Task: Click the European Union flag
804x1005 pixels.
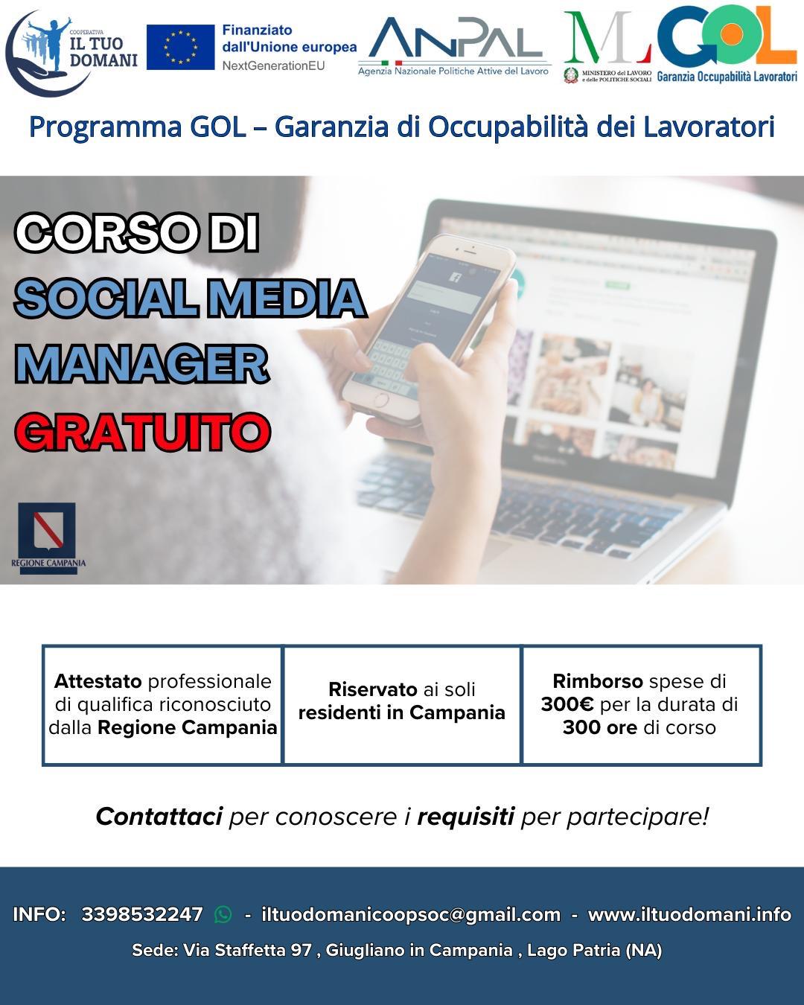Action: point(180,47)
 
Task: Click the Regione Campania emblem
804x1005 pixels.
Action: point(47,531)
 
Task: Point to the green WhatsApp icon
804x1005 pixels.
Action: point(223,914)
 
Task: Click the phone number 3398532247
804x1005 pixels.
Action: point(142,914)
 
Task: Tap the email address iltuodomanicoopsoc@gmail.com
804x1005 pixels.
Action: point(411,914)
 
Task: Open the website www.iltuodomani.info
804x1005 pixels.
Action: point(689,914)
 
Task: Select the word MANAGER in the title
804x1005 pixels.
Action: point(142,364)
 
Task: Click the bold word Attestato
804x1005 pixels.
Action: point(98,682)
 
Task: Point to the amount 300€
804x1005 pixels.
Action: point(567,704)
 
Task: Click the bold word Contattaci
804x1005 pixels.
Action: point(159,817)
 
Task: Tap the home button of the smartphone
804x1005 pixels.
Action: point(380,401)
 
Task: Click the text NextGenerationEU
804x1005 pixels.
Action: point(273,66)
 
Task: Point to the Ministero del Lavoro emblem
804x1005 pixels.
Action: point(570,76)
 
